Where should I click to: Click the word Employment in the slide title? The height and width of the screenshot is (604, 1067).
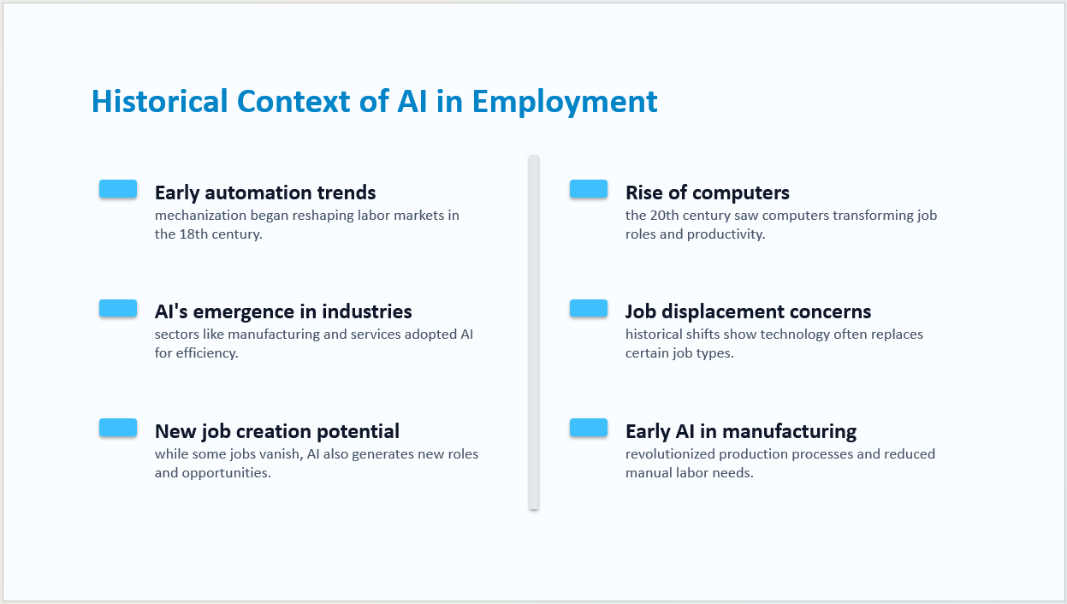[565, 103]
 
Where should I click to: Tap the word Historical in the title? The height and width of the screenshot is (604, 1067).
[159, 101]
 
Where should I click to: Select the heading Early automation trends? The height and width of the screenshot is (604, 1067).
[265, 192]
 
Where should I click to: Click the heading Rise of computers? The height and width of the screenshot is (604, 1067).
[708, 192]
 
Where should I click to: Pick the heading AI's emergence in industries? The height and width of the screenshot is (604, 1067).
[283, 311]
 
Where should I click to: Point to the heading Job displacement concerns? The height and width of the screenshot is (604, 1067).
[749, 312]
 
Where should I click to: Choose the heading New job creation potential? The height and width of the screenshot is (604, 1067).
[277, 431]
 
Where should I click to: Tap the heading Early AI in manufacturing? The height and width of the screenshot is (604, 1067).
[741, 431]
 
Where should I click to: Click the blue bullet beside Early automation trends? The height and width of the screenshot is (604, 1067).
[118, 188]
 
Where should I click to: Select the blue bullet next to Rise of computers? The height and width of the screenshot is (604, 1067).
[589, 188]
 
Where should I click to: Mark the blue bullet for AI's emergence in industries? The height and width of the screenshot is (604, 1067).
[118, 308]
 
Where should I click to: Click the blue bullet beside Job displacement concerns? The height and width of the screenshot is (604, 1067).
[589, 308]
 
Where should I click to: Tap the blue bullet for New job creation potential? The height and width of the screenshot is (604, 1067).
[118, 428]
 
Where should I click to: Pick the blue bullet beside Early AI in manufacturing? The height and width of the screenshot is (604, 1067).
[589, 428]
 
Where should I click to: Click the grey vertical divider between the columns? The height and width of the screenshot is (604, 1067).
[534, 332]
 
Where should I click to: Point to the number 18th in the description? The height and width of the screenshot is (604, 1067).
[193, 234]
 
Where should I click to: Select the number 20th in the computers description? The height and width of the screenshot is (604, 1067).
[664, 216]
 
